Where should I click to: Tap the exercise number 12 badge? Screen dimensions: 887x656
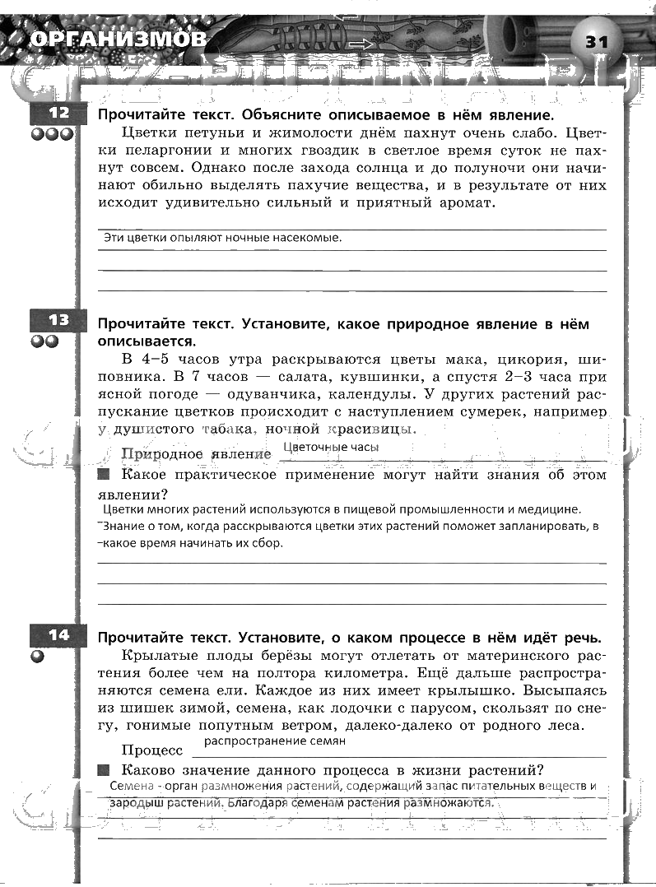click(58, 114)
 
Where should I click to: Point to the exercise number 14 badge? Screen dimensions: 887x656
click(58, 635)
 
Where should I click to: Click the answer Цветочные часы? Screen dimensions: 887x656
click(330, 447)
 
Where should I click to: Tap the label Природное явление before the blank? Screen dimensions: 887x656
click(196, 453)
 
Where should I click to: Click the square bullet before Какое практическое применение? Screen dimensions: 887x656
click(103, 475)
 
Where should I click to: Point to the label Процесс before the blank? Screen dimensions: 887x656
click(152, 750)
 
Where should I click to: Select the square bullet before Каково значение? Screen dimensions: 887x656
click(103, 770)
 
